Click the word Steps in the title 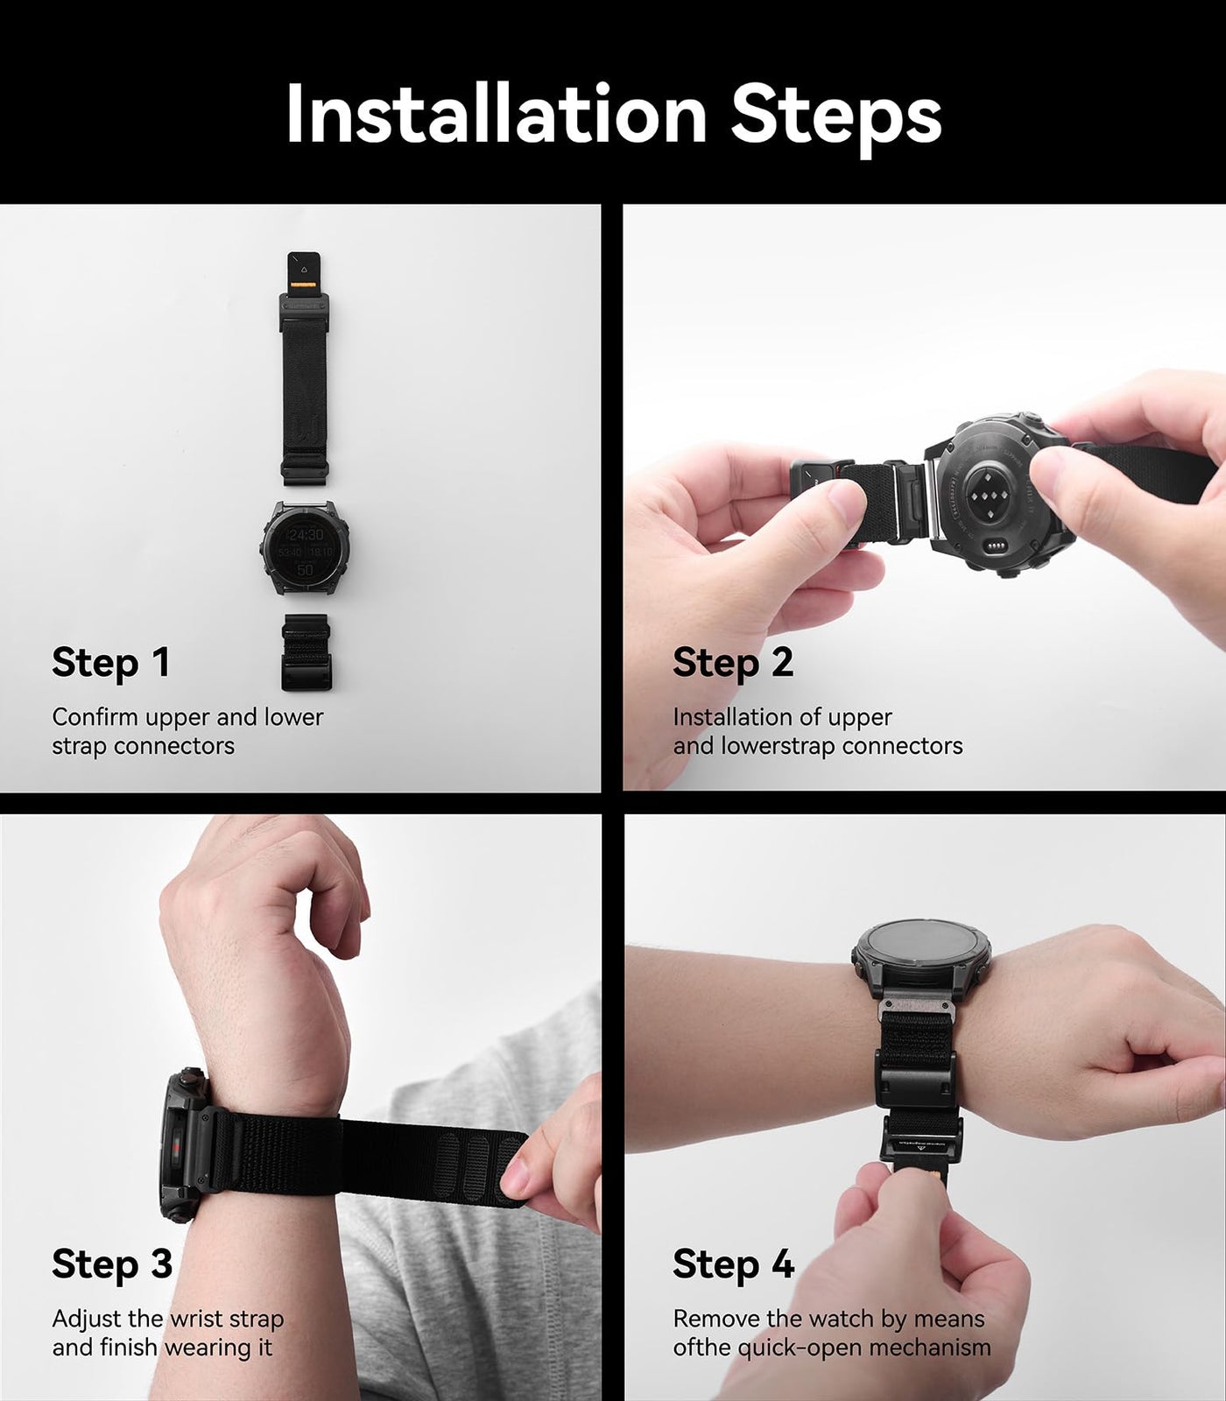click(x=836, y=116)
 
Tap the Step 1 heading click(x=110, y=663)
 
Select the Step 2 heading click(x=733, y=663)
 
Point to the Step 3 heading click(x=112, y=1264)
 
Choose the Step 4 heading click(x=734, y=1264)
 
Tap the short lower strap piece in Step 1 click(x=305, y=652)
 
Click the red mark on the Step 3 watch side click(x=181, y=1147)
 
